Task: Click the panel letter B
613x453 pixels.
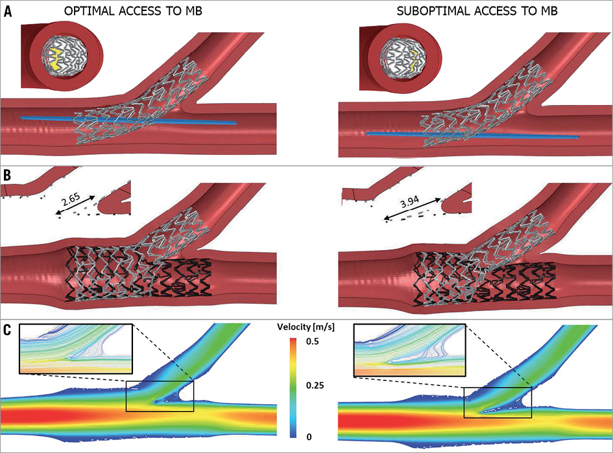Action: (8, 175)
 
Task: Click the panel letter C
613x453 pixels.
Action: (8, 329)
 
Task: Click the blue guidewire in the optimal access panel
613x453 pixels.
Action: (130, 120)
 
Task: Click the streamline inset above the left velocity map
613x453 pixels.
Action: (77, 350)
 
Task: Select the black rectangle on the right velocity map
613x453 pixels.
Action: (498, 402)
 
